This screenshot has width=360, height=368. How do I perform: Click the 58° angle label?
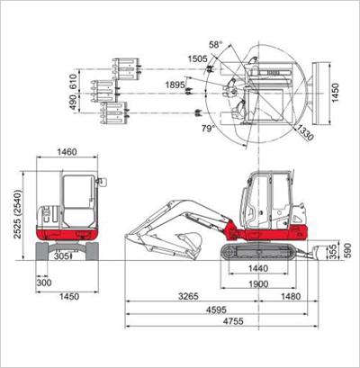[x=216, y=45]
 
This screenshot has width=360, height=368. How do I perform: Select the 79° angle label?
[x=208, y=129]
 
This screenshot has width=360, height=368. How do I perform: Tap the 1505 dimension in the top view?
[x=197, y=58]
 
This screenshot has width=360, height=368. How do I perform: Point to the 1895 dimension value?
[x=175, y=85]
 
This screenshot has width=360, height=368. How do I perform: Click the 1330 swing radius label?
[x=305, y=133]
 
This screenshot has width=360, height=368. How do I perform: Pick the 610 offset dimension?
[x=73, y=81]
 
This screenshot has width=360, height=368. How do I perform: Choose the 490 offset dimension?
[x=73, y=103]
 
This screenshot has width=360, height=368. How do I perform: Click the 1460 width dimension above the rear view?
[x=67, y=152]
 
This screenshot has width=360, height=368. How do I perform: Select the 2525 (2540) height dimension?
[x=18, y=214]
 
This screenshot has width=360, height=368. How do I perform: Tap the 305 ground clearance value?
[x=62, y=256]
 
